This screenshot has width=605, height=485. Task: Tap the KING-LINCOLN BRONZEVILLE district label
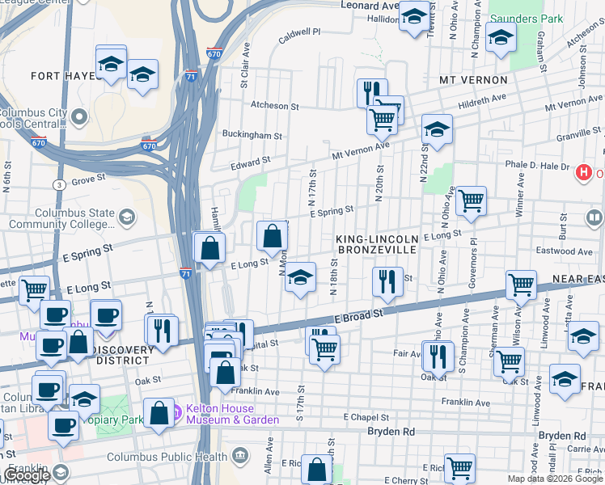pos(377,245)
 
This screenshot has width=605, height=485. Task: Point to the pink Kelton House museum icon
pos(176,414)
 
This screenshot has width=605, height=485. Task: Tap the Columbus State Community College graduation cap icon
pos(127,217)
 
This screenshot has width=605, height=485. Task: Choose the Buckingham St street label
pos(252,136)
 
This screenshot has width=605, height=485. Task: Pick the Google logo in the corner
pos(27,475)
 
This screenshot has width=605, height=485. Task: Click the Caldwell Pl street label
pos(299,32)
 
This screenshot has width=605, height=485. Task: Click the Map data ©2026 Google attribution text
pos(555,479)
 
